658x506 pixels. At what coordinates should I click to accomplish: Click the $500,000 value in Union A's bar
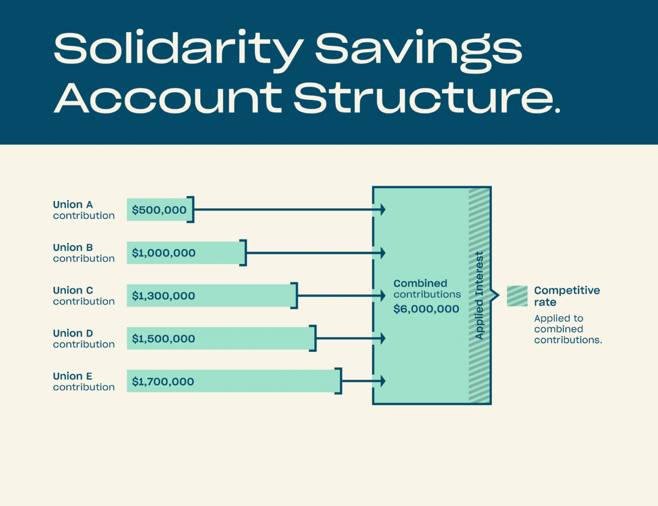159,210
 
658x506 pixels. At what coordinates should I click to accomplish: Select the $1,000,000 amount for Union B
163,253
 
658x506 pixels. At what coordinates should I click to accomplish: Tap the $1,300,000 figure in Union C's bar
163,295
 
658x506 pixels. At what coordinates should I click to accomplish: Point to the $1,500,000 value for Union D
163,339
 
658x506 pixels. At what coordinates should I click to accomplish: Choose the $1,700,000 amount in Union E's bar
163,382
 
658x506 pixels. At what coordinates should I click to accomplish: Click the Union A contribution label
83,210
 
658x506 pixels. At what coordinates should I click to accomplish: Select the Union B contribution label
83,253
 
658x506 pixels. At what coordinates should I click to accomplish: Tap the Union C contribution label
83,295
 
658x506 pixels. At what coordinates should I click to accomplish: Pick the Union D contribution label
83,339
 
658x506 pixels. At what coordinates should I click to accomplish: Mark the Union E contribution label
83,382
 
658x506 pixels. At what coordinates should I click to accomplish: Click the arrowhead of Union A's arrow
383,209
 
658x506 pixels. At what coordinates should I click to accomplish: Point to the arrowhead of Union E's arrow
383,381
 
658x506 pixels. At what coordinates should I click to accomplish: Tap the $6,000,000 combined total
426,309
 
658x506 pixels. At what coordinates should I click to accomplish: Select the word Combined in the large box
420,283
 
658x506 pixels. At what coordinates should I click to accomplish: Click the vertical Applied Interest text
479,295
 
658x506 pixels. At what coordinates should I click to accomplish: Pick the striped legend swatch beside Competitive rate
517,296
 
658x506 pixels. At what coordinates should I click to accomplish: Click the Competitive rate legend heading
567,296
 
